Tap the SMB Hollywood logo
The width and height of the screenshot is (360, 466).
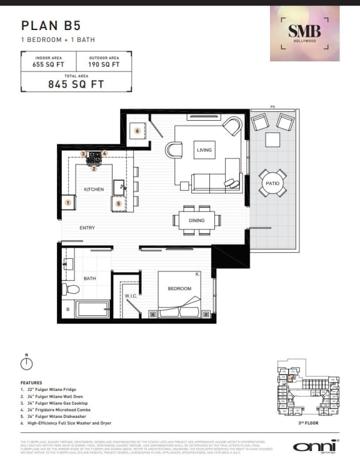pos(304,33)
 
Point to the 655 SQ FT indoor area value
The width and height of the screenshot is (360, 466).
pos(49,64)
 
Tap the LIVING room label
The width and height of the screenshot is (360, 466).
pos(204,150)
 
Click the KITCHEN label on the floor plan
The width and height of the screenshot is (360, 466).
pos(94,189)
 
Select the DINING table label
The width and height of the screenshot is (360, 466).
pos(196,220)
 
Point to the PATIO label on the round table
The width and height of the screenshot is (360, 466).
pos(272,183)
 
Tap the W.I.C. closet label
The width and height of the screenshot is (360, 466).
pos(131,296)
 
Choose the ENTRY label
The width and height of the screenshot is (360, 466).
pos(87,228)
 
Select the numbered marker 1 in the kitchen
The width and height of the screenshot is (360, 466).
pos(68,203)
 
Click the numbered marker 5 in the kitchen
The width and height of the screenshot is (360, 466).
pos(118,203)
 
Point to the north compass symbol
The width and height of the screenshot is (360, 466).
pos(27,367)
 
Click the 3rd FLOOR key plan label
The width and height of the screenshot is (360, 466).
pos(308,423)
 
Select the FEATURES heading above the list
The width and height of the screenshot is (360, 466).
pos(31,382)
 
